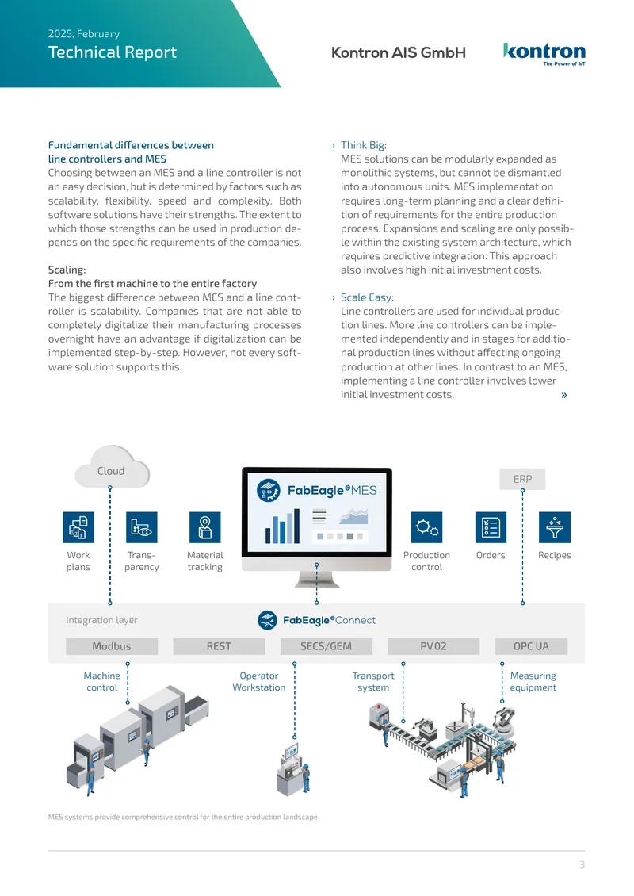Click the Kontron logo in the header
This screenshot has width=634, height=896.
544,54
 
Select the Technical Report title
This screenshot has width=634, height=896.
113,52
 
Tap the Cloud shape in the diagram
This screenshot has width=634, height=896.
112,467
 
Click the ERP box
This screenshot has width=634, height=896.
522,479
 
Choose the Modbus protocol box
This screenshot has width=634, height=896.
112,646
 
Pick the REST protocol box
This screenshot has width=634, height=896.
219,646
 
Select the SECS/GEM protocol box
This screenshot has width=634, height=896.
327,646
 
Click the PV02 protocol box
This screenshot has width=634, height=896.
433,646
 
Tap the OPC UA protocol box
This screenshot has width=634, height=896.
531,646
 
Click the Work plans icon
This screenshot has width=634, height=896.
78,526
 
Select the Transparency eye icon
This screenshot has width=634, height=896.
142,526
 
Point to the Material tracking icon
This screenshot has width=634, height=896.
205,526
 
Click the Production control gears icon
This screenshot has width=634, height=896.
426,526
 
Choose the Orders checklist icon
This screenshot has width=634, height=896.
491,526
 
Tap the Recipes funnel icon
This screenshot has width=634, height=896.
555,526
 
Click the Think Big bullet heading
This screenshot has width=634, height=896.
363,145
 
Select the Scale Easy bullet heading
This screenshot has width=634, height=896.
367,297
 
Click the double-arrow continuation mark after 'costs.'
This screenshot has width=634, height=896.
564,395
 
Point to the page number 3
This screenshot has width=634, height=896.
582,865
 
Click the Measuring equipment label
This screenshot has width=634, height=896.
533,682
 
